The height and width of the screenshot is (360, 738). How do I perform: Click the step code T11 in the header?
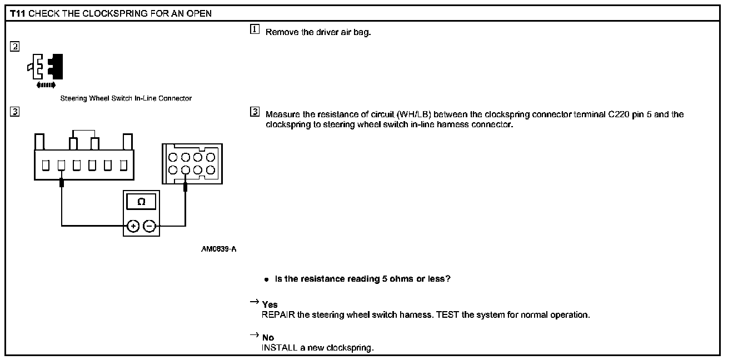click(x=18, y=13)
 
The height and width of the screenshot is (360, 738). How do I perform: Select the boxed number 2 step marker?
click(x=14, y=47)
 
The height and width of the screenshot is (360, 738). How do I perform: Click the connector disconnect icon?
click(x=45, y=67)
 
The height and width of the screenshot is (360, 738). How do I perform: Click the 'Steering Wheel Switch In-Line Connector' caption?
click(x=126, y=98)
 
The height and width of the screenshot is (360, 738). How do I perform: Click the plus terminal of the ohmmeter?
click(x=133, y=226)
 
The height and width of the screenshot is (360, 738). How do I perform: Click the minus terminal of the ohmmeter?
click(x=149, y=226)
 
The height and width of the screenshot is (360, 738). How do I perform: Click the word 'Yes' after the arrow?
click(x=270, y=305)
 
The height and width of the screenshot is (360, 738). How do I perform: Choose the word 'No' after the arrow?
click(x=268, y=338)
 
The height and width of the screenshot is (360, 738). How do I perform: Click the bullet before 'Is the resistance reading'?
click(x=267, y=279)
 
